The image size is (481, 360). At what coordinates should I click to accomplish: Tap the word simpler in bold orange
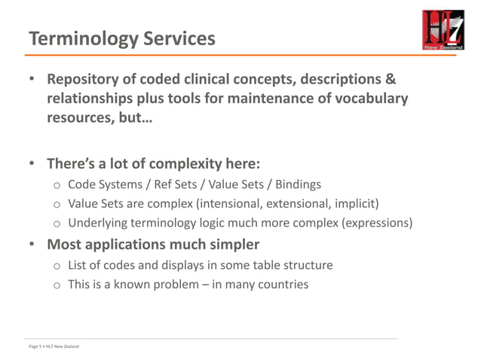[x=233, y=244]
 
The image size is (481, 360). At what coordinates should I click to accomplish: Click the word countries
[x=283, y=284]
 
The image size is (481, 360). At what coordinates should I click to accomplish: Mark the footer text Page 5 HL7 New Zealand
[x=49, y=346]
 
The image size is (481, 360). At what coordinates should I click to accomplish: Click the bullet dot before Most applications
[x=33, y=245]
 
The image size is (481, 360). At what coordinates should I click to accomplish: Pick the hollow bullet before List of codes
[x=57, y=266]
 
